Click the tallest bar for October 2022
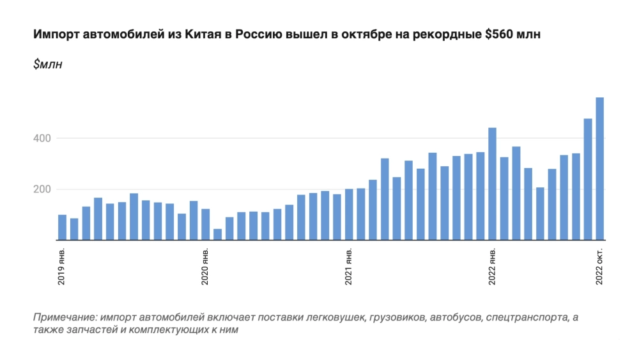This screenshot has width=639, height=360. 600,169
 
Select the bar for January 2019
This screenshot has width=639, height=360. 63,228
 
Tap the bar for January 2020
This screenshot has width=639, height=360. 206,224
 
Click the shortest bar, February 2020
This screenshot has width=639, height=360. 218,235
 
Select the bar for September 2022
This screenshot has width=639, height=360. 588,180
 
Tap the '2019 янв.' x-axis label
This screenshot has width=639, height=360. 63,265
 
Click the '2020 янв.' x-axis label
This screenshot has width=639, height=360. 206,265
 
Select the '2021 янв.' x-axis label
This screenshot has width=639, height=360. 349,265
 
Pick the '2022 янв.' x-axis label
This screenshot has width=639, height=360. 492,265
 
